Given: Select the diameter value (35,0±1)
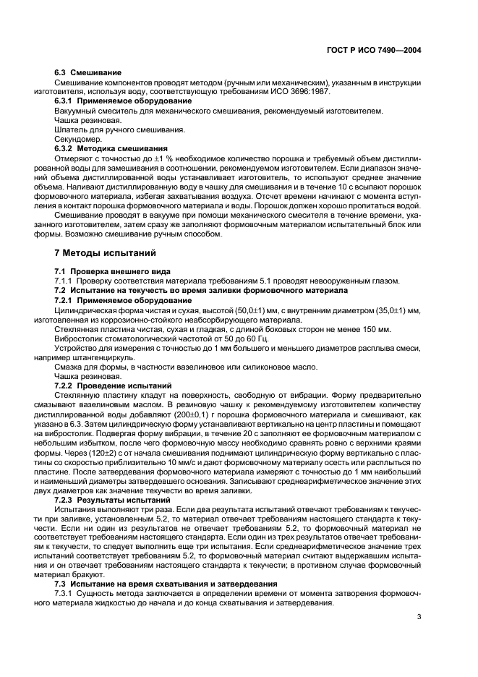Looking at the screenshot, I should tap(397, 310).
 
